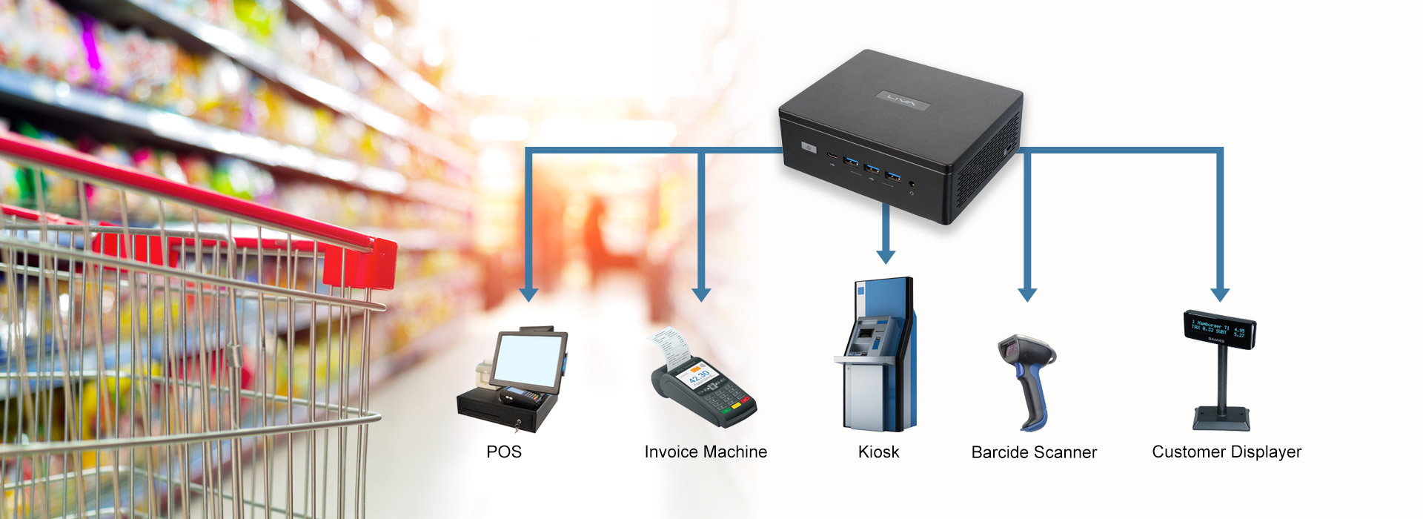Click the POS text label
(504, 452)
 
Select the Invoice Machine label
(706, 452)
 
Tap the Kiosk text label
(878, 452)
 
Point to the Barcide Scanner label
(1034, 452)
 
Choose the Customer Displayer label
(1227, 452)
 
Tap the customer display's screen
(1219, 329)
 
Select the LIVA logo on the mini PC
(902, 100)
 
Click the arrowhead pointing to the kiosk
(886, 257)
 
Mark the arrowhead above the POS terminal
(528, 294)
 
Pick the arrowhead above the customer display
(1220, 294)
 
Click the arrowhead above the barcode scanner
(1027, 294)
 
